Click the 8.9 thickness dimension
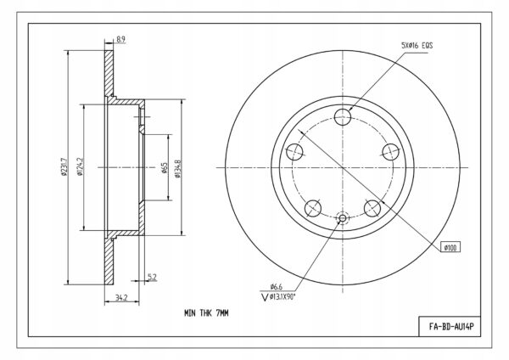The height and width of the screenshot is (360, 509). point(120,40)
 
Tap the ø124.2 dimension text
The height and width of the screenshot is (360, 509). point(81,167)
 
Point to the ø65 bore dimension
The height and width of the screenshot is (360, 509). point(165,167)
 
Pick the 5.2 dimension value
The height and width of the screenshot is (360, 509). point(152,277)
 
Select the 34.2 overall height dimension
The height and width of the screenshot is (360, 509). point(121,298)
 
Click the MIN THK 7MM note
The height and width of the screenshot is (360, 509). point(206,313)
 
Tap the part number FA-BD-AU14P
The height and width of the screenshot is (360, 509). point(451,326)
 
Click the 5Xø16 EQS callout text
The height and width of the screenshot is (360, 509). point(417,46)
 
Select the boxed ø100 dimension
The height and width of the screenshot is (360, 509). point(450,248)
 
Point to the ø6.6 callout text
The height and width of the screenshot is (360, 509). point(277,287)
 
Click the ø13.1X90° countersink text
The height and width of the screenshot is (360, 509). point(282,296)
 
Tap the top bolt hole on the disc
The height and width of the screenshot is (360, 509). point(343,117)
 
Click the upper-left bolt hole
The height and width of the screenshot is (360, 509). point(294,152)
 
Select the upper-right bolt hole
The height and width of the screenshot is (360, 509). point(390,152)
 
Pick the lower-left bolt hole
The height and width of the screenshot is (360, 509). point(313,208)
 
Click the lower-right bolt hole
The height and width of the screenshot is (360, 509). point(372,208)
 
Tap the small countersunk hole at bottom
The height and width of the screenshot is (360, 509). point(343,218)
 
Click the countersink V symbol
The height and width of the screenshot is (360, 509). point(265,297)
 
